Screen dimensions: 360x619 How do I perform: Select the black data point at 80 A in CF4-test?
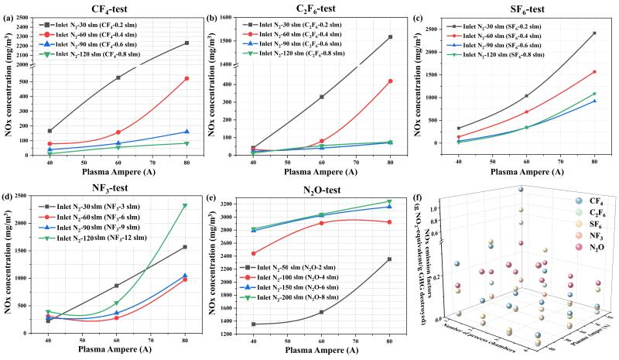click(186, 43)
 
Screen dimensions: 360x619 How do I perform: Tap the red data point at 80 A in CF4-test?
click(186, 78)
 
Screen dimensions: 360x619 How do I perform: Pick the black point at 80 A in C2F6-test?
click(390, 36)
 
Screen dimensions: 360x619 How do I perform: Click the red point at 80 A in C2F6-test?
click(390, 81)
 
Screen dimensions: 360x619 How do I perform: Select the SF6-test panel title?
click(526, 9)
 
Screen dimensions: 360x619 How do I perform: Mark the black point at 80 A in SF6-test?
click(594, 33)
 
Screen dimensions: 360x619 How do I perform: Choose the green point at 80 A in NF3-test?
click(186, 205)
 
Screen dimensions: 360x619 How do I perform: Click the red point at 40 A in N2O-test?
click(253, 253)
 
